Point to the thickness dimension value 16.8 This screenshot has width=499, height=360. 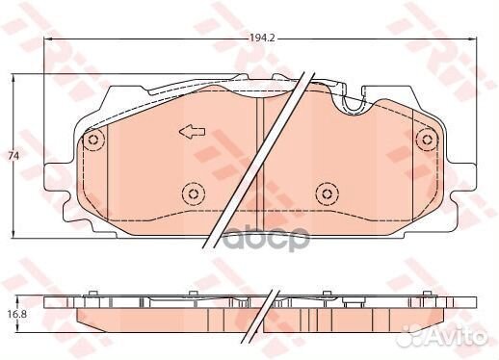coord(13,312)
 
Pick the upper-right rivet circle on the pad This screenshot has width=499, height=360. coord(425,141)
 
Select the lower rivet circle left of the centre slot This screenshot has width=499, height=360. coord(193,195)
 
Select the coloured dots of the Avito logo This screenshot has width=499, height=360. coord(411,335)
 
